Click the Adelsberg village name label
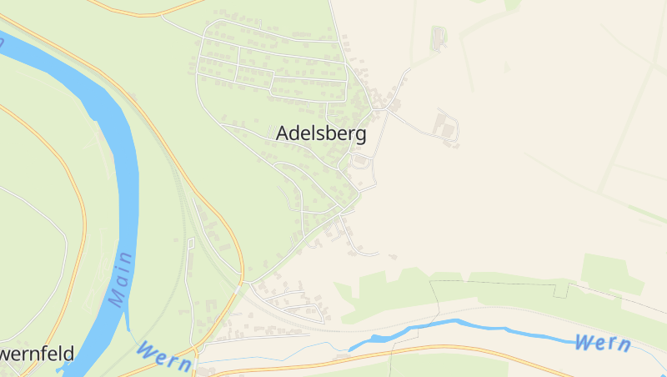pyautogui.click(x=320, y=134)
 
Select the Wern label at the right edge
pyautogui.click(x=602, y=343)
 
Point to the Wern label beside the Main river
pyautogui.click(x=164, y=354)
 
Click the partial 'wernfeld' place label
pyautogui.click(x=37, y=354)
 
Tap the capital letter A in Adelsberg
pyautogui.click(x=283, y=134)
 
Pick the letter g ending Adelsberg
pyautogui.click(x=360, y=137)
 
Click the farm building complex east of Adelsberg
pyautogui.click(x=445, y=128)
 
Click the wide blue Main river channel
pyautogui.click(x=125, y=167)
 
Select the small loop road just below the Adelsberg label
pyautogui.click(x=361, y=160)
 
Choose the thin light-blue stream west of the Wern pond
pyautogui.click(x=275, y=354)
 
